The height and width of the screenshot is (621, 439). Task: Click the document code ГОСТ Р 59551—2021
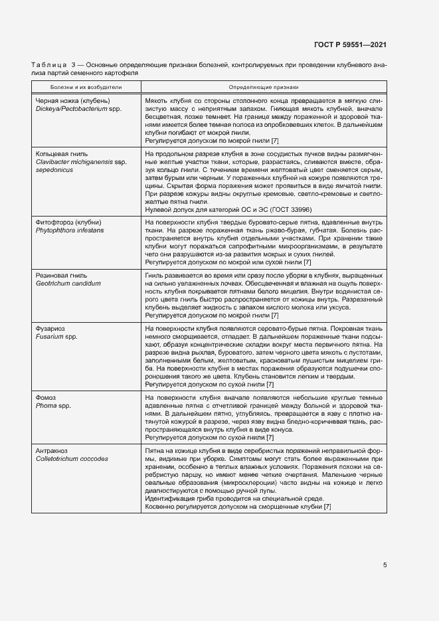[x=350, y=44]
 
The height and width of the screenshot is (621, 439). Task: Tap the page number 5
[x=385, y=565]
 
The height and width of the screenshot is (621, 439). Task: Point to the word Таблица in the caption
[x=45, y=65]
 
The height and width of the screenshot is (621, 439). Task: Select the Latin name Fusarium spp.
[x=56, y=337]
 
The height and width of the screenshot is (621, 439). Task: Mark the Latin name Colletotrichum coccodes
[x=71, y=459]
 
